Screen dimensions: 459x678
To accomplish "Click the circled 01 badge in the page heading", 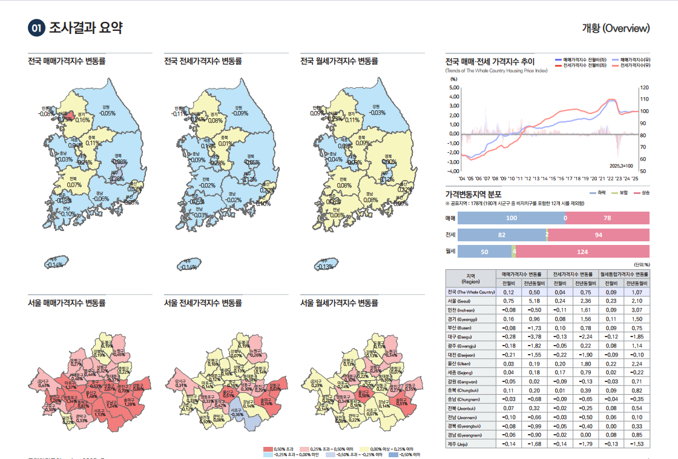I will (x=36, y=28).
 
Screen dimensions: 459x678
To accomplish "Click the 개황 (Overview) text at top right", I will (x=616, y=28).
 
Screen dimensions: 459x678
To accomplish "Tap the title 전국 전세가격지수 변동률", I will (x=203, y=61).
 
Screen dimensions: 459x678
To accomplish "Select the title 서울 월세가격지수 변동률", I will (x=339, y=303).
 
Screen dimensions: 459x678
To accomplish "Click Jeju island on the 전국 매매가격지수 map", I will (x=55, y=263).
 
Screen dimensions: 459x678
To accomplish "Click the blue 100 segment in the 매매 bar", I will (x=511, y=218).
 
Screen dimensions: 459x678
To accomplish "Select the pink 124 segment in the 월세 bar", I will (x=582, y=251).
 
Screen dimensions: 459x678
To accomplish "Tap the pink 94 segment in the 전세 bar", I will (x=599, y=235).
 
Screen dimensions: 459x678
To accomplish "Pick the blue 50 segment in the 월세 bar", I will (x=484, y=251).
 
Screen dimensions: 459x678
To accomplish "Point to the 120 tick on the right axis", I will (x=644, y=87).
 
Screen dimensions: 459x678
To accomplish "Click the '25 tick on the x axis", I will (x=634, y=179).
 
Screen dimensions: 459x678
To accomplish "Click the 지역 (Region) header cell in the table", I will (x=470, y=278).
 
